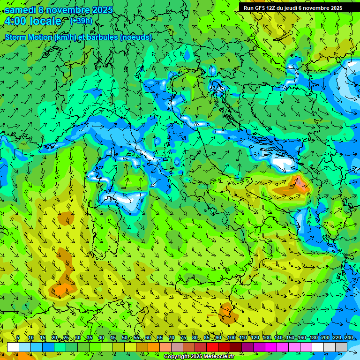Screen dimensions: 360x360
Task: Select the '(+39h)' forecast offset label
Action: coord(81,21)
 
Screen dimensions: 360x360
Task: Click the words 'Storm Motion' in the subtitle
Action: coord(29,37)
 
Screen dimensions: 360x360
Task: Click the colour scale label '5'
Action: coord(18,338)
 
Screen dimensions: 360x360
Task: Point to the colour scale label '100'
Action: coord(232,338)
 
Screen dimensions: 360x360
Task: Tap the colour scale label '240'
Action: coord(349,338)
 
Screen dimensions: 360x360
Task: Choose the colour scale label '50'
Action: coord(124,338)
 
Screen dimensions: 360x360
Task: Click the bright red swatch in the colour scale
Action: coord(212,347)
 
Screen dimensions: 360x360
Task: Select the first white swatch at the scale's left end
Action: coord(13,347)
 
